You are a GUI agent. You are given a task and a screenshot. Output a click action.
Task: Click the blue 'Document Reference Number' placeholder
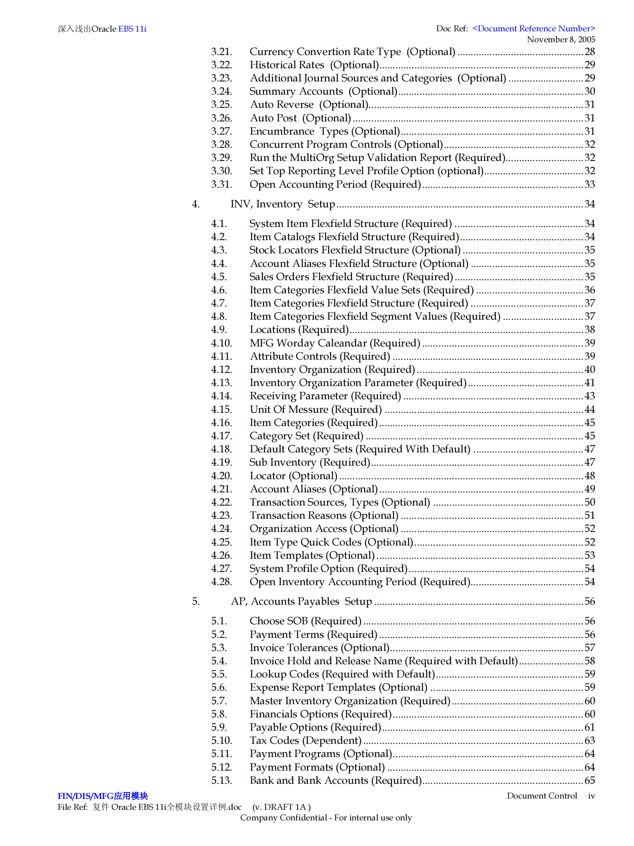point(533,29)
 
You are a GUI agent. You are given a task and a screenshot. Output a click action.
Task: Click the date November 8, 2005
point(561,39)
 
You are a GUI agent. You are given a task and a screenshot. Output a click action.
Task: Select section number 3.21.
point(221,52)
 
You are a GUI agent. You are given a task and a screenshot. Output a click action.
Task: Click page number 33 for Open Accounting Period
point(589,184)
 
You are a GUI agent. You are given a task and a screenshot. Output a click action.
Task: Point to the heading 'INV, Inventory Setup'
point(283,204)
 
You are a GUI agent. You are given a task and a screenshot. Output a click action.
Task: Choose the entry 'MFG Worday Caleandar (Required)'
point(335,343)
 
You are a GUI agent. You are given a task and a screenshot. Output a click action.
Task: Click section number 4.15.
point(221,409)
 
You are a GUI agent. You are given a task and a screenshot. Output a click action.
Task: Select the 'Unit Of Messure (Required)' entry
point(316,409)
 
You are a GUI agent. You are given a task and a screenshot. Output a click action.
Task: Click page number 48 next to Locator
point(589,476)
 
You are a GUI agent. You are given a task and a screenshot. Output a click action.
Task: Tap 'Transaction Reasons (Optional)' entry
point(324,516)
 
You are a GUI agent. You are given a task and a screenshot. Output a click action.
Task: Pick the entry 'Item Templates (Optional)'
point(312,555)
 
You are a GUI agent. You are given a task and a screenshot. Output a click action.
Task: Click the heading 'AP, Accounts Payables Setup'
point(301,601)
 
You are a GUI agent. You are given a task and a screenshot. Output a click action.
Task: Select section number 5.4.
point(219,661)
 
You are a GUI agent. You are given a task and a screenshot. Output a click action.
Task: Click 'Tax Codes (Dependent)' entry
point(306,740)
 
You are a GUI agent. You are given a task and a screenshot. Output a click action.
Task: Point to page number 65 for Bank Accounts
point(589,780)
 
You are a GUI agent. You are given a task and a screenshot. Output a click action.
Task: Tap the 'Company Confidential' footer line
point(325,817)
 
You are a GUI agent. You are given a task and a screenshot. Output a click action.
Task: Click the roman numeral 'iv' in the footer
point(591,796)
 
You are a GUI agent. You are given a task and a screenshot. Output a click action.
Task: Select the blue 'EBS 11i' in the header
point(132,29)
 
